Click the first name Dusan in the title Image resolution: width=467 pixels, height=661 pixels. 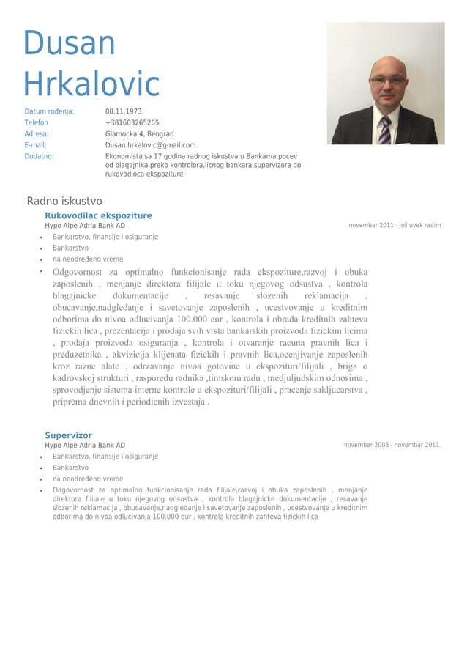(x=70, y=44)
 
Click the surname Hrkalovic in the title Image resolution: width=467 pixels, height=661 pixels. (x=91, y=84)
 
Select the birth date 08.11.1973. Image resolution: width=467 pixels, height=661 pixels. (x=124, y=112)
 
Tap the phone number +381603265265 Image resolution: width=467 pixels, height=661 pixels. (x=132, y=123)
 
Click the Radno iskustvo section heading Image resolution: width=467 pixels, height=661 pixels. (x=64, y=202)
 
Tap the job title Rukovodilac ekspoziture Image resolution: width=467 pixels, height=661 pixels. (x=98, y=215)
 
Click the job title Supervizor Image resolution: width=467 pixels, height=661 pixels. (x=68, y=435)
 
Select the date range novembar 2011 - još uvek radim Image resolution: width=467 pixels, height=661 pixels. (x=395, y=225)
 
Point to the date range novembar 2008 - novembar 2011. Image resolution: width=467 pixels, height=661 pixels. (x=392, y=445)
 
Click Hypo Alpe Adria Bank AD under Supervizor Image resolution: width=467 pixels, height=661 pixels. (x=85, y=446)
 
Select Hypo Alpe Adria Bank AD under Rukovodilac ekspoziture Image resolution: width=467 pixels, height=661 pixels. (x=85, y=226)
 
